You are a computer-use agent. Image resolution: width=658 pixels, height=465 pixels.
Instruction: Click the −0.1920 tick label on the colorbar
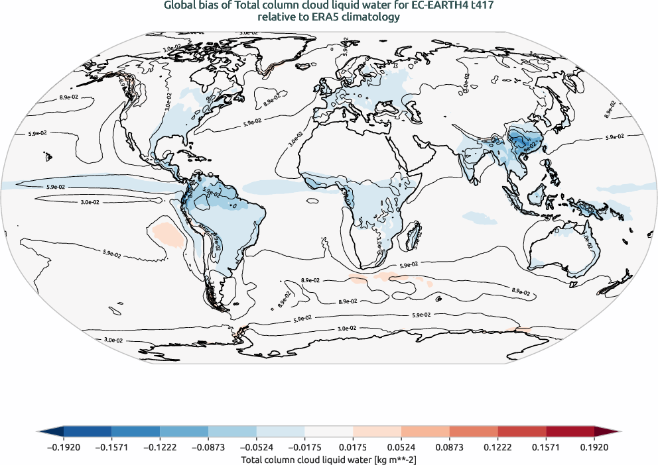pos(64,447)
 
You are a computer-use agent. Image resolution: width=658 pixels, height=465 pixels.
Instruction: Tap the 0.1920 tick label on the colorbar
pos(594,447)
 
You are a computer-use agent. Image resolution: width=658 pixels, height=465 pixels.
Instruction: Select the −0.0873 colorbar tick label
pos(208,447)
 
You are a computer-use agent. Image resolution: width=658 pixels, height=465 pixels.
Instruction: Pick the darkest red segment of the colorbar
pos(570,432)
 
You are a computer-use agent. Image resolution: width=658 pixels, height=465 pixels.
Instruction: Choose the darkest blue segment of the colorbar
pos(88,432)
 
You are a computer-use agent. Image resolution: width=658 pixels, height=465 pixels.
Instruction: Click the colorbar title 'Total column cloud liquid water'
pos(296,459)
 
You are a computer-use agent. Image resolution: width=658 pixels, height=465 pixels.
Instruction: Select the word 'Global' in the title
pos(180,7)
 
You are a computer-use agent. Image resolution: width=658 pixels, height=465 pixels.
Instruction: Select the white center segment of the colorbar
pos(328,432)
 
